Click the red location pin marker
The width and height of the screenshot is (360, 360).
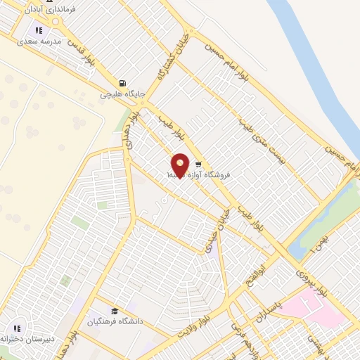coord(181,165)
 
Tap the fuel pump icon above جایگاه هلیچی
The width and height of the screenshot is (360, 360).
coord(124,82)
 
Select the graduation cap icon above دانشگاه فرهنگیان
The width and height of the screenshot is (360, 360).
coord(114,310)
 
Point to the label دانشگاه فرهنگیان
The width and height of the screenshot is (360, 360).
coord(115,321)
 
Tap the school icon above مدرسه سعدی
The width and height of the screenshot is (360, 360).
coord(39,31)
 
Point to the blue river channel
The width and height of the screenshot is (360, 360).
coord(316,77)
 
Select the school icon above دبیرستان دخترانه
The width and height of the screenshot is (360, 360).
coord(16,328)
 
